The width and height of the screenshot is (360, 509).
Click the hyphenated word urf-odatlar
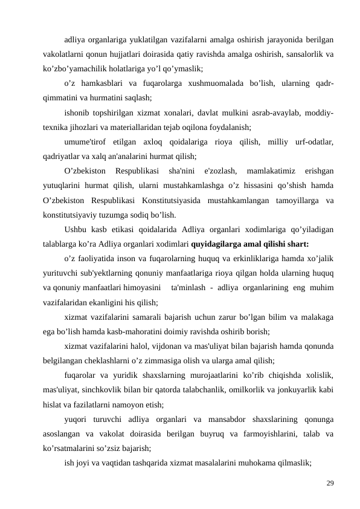point(312,141)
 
